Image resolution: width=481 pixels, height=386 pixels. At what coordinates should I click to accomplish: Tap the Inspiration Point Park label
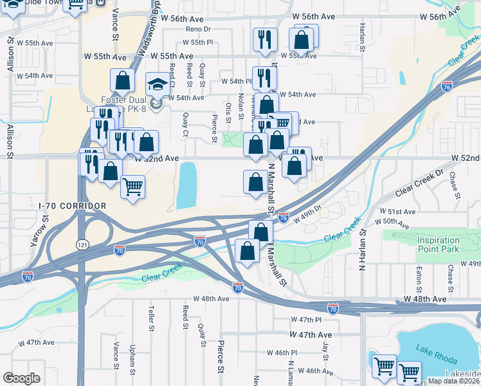tap(438, 244)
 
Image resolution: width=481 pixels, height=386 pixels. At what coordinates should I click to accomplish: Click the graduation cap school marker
tap(157, 84)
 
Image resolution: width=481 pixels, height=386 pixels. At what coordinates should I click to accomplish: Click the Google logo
tap(21, 378)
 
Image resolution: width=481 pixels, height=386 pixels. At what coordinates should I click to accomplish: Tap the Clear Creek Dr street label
tap(420, 183)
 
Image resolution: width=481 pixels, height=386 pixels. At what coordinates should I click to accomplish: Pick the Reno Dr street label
tap(198, 30)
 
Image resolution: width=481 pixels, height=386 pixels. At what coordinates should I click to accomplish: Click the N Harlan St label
tap(362, 247)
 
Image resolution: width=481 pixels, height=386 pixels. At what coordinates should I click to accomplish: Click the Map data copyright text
tap(453, 381)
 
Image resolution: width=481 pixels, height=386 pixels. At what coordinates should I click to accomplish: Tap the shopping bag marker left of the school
tap(122, 81)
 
